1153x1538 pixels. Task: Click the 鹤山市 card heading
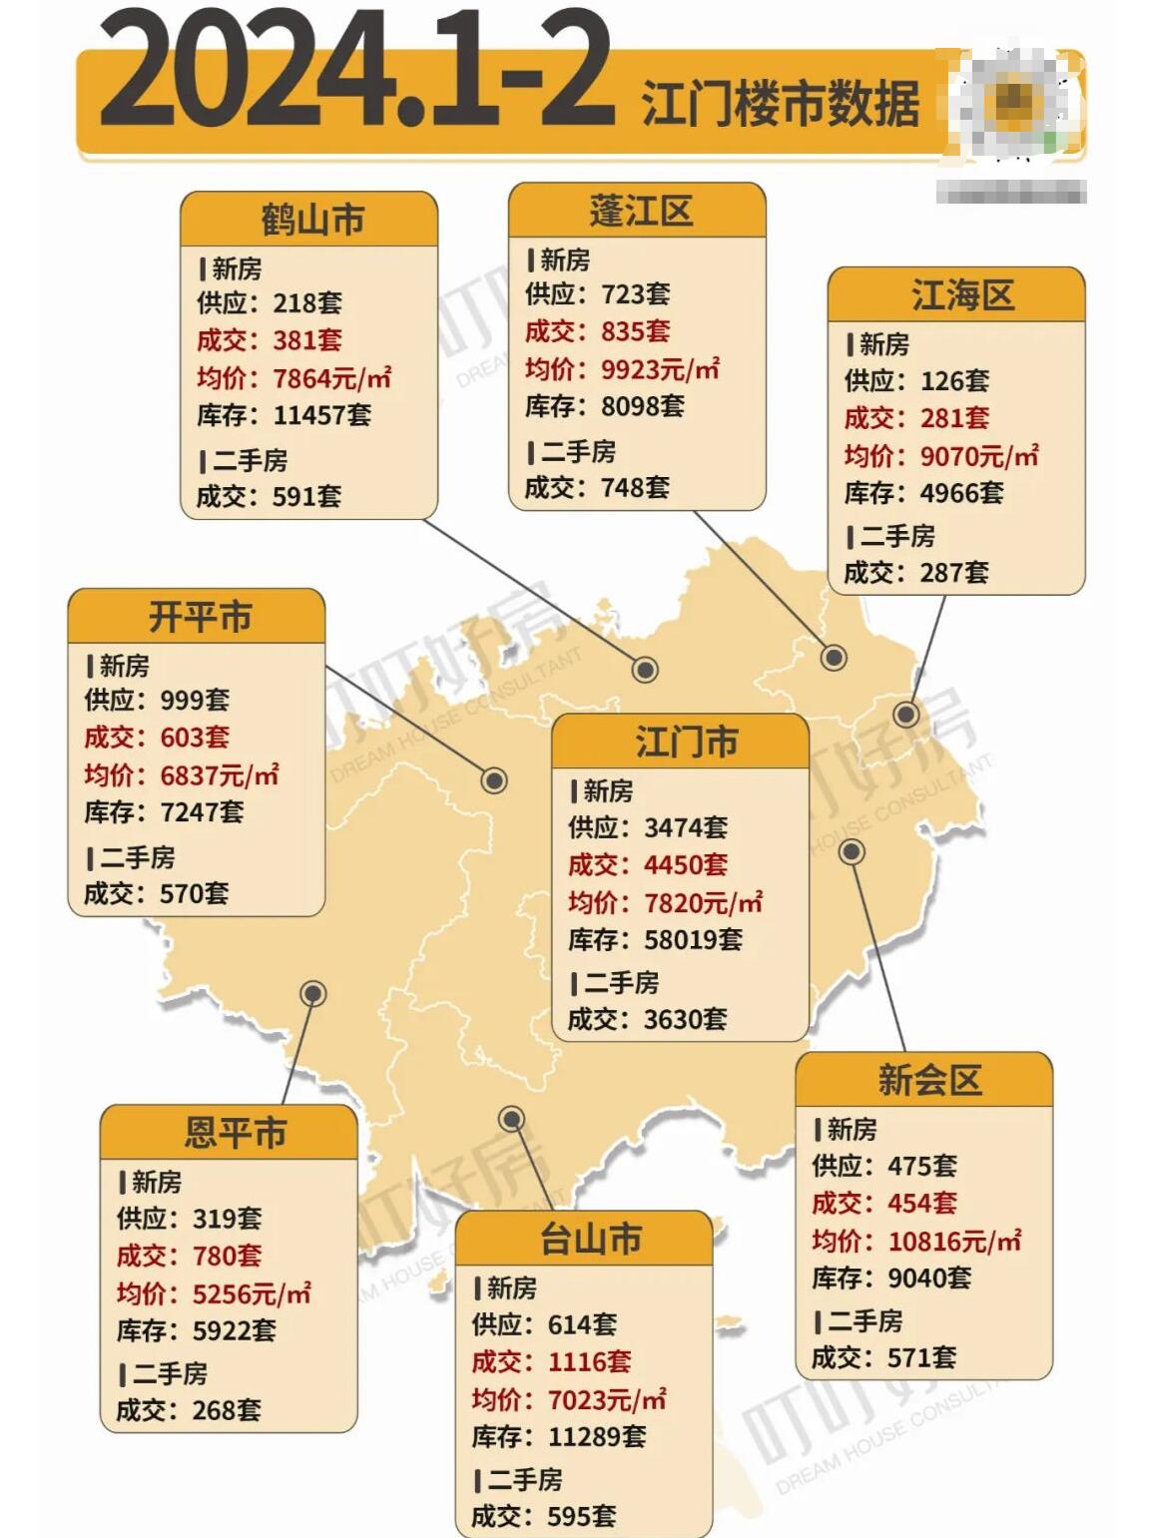pos(312,220)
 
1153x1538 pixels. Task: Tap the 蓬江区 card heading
pos(640,212)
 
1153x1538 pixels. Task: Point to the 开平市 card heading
pos(200,617)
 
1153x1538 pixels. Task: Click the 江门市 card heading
pos(686,743)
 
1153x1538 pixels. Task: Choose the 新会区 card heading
pos(928,1080)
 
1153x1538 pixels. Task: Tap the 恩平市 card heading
pos(235,1133)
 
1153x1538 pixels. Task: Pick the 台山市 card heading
pos(590,1240)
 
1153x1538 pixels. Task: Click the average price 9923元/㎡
pos(660,369)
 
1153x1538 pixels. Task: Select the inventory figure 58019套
pos(694,939)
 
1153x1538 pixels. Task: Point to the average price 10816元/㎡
pos(954,1241)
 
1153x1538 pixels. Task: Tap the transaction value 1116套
pos(590,1361)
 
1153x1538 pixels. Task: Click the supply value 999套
pos(195,700)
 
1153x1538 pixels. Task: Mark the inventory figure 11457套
pos(321,414)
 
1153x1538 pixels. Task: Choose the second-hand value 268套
pos(227,1410)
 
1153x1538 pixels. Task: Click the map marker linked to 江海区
pos(906,715)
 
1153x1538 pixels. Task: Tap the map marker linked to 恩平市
pos(313,993)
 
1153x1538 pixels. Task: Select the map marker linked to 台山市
pos(511,1118)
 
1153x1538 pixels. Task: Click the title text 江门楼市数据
pos(780,104)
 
